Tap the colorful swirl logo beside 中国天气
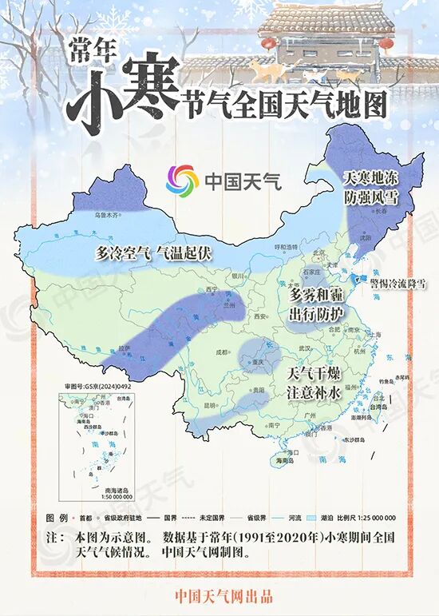182,179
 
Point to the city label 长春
381,211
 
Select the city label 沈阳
366,237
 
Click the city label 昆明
211,405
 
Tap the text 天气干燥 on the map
315,374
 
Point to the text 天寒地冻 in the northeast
370,177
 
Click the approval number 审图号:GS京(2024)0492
97,385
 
